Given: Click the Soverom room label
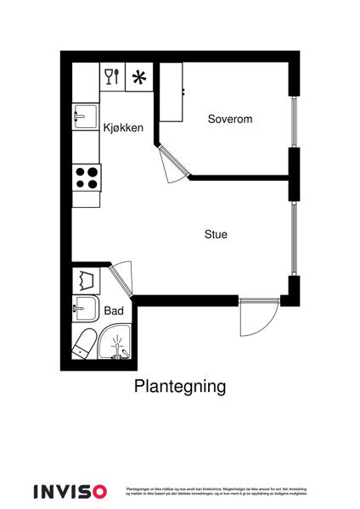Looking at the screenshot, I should click(x=230, y=119).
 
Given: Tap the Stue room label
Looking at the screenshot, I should click(x=216, y=234).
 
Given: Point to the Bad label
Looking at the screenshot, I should click(x=114, y=311).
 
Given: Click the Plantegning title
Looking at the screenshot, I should click(x=180, y=387).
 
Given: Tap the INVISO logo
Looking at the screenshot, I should click(x=70, y=491).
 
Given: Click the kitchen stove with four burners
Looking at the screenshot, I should click(x=86, y=176).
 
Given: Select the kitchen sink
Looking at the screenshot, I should click(x=85, y=115).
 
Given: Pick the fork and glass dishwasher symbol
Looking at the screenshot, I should click(x=112, y=76).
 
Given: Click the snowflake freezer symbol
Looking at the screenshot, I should click(x=139, y=77).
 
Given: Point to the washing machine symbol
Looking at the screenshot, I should click(x=85, y=278).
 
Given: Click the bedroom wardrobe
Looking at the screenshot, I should click(x=171, y=92).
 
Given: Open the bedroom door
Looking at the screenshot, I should click(x=173, y=164).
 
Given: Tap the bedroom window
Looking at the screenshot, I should click(x=295, y=122).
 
